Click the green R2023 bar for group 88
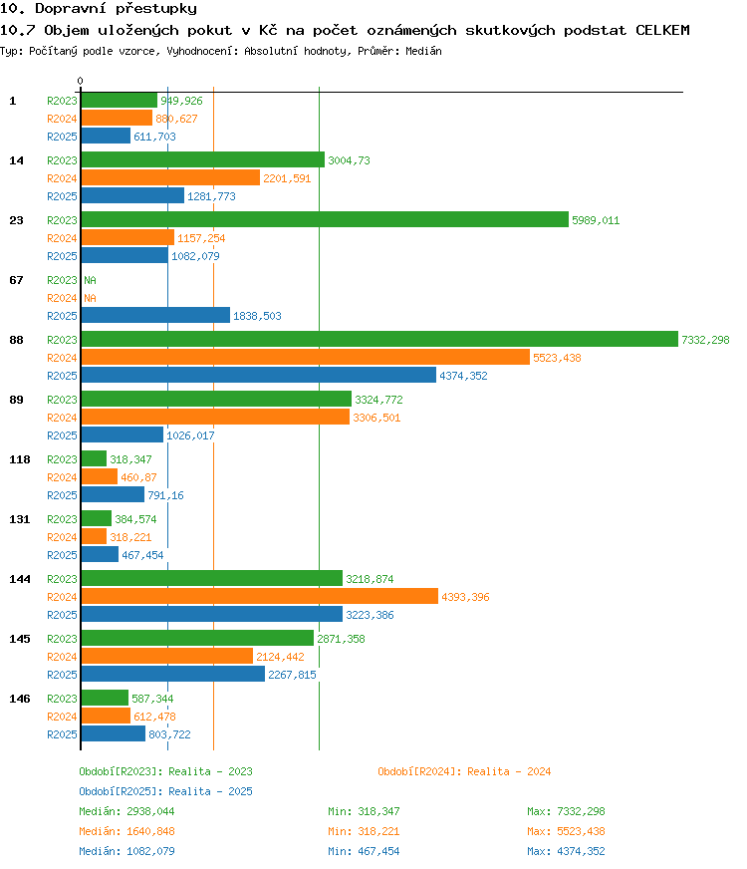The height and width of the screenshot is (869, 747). click(x=379, y=339)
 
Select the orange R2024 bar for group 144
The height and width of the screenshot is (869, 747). click(x=260, y=596)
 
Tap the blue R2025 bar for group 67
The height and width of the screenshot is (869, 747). click(x=155, y=315)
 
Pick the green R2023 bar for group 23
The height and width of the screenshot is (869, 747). click(x=325, y=219)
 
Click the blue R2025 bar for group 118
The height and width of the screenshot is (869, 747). click(x=113, y=494)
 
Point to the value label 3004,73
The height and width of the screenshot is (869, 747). click(x=349, y=160)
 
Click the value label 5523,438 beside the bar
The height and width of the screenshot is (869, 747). click(x=557, y=358)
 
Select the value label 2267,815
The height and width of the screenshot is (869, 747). click(x=293, y=675)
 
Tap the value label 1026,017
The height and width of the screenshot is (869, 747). click(x=190, y=435)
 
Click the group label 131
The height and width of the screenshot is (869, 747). click(x=19, y=519)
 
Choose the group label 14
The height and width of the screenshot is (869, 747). click(x=17, y=160)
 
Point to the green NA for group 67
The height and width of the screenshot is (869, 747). click(x=91, y=280)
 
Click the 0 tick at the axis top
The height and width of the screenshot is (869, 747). click(x=81, y=81)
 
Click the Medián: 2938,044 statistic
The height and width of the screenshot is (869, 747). click(x=126, y=811)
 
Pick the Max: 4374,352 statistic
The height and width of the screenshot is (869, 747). click(x=566, y=851)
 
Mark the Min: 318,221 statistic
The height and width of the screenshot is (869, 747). click(x=364, y=831)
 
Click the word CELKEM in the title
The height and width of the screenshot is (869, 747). click(x=662, y=30)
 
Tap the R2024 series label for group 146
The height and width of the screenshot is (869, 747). click(x=62, y=717)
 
